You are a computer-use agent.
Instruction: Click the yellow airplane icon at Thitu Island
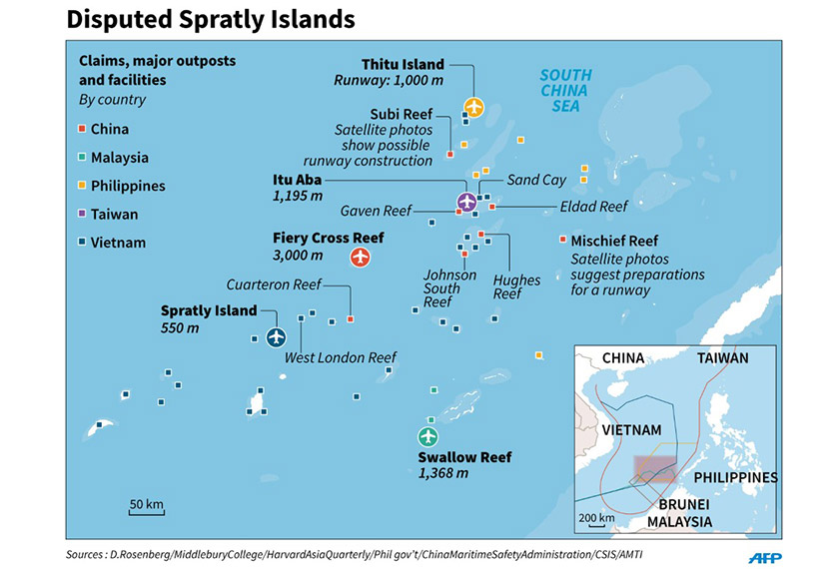(x=474, y=107)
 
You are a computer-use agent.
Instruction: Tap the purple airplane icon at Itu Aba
(x=465, y=203)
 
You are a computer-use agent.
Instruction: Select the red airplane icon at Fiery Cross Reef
(x=361, y=258)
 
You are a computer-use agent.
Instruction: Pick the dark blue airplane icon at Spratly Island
(x=276, y=337)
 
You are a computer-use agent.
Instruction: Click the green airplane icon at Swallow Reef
(x=427, y=437)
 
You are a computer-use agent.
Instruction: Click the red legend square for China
(x=83, y=130)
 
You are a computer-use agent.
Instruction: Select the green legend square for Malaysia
(x=83, y=158)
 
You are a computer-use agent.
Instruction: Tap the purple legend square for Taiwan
(x=83, y=215)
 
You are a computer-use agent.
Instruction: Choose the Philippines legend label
(x=128, y=186)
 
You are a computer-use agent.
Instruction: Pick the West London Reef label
(x=341, y=357)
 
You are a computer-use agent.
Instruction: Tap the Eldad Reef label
(x=593, y=207)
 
